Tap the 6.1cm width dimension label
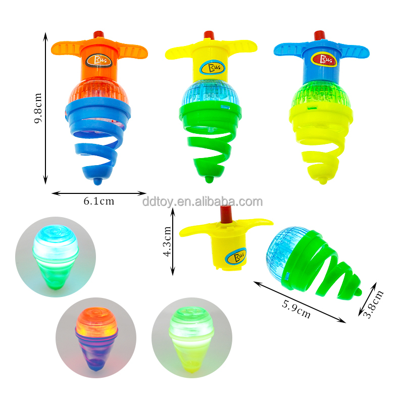click(99, 201)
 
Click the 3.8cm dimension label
click(375, 305)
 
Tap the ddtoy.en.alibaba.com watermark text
click(203, 202)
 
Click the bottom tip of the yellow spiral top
click(323, 181)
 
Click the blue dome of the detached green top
click(285, 247)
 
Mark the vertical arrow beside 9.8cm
click(45, 108)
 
